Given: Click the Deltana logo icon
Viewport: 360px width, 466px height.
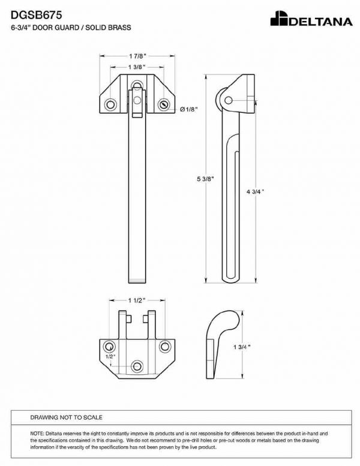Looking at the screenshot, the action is pos(279,19).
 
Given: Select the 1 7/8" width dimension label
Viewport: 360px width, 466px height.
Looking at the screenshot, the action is pos(137,56).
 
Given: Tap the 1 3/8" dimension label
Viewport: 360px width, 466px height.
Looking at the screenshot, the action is pos(137,67).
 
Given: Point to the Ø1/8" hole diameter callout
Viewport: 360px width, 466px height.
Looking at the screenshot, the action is pos(189,109).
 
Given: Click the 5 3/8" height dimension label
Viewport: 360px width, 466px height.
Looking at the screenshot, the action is pos(205,179).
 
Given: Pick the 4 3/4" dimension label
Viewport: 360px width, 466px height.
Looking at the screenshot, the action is pos(255,192).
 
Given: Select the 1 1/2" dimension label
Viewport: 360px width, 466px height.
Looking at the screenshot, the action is pos(137,300).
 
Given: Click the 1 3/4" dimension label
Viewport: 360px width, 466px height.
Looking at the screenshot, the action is pos(242,347).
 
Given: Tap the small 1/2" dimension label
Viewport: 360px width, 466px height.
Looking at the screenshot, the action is pos(110,356).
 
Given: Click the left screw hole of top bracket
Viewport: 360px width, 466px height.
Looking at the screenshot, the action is pos(110,104).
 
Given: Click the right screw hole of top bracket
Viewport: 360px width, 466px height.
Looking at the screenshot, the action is pos(164,104).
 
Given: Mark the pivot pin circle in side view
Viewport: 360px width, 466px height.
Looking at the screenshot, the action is pos(229,100).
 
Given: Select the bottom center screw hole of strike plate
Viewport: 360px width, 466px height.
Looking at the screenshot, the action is pos(137,366).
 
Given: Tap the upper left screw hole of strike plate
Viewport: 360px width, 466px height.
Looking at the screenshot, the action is pos(109,347).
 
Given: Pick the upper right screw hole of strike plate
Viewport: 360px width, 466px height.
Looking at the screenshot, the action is pos(165,347).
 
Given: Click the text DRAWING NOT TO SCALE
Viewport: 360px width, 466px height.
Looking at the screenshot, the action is pos(66,417).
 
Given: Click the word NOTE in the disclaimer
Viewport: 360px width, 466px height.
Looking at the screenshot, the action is pos(37,434).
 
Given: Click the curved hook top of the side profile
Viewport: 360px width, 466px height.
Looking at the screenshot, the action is pos(230,319).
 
